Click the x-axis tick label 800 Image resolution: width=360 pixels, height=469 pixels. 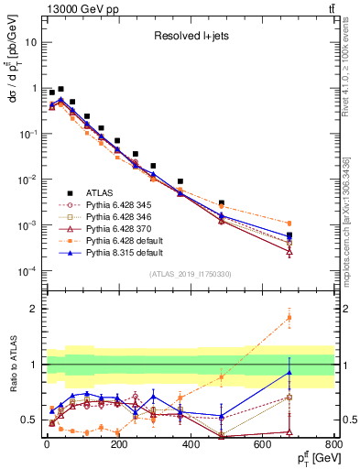pos(333,444)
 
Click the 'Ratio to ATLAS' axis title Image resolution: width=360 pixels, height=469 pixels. pos(12,365)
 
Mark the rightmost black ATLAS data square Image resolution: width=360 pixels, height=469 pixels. pos(289,235)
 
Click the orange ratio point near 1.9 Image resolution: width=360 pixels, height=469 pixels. pos(289,318)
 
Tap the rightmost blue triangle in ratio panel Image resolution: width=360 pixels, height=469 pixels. pos(289,372)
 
